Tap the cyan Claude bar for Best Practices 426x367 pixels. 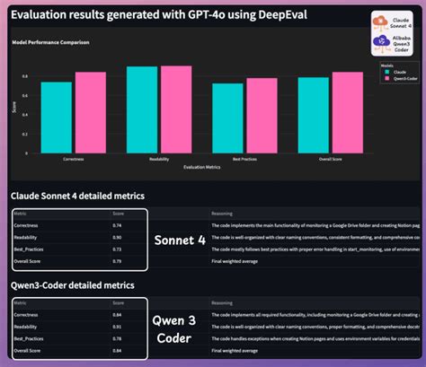tap(227, 113)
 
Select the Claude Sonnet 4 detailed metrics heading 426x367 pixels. tap(77, 195)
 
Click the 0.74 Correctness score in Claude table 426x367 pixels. tap(117, 226)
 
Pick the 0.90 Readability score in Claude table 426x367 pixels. tap(117, 237)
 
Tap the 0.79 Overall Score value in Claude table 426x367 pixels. tap(117, 261)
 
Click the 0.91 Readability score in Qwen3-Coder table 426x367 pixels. tap(117, 327)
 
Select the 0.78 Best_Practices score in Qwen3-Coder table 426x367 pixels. tap(117, 338)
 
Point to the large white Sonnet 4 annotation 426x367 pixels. tap(180, 240)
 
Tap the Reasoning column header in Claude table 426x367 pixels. tap(222, 214)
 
